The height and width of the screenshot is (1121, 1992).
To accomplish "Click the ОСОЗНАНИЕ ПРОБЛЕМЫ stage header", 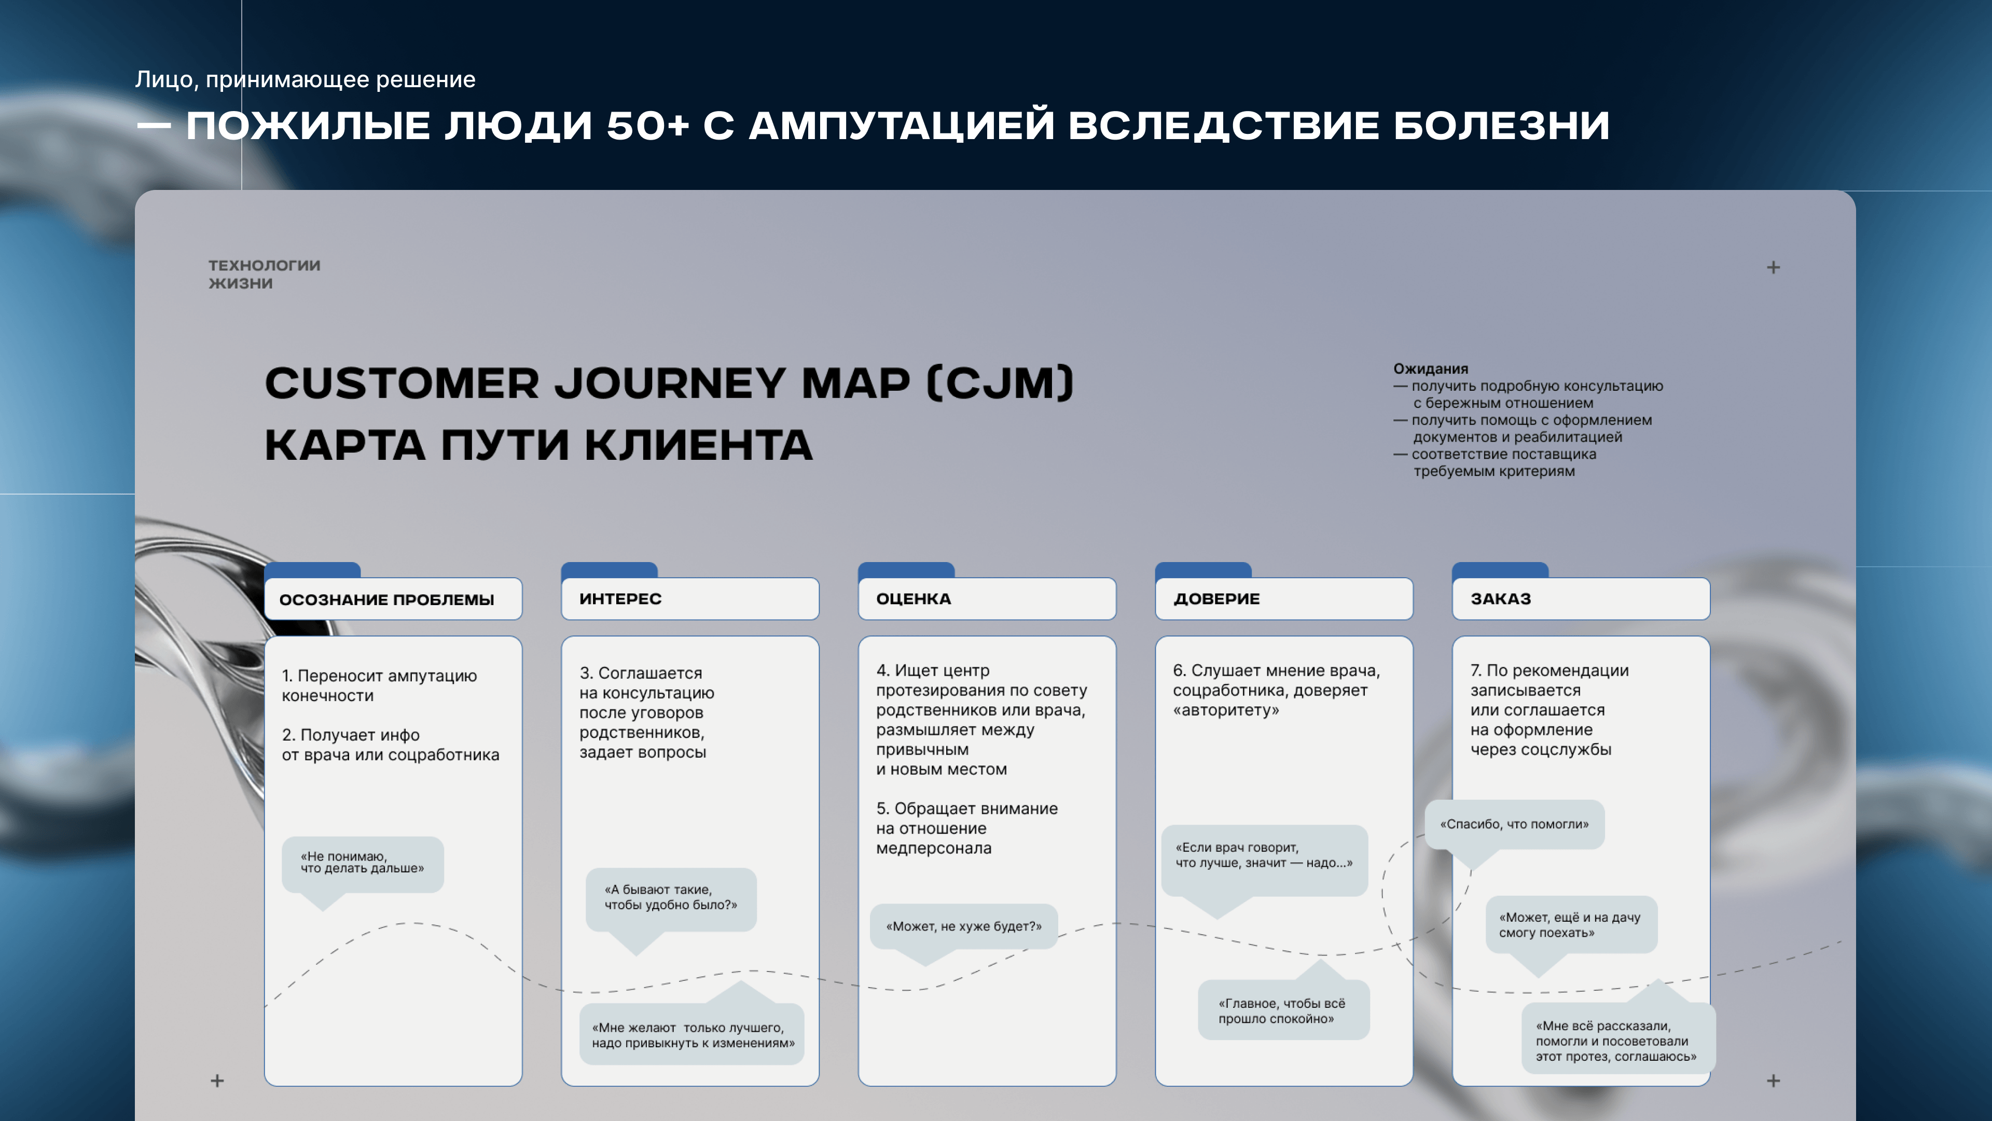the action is [393, 599].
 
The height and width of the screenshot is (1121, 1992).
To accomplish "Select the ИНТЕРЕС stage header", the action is [690, 599].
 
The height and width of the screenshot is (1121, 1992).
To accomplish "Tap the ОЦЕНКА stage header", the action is [987, 599].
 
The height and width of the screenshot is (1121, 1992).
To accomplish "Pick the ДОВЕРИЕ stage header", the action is [1284, 599].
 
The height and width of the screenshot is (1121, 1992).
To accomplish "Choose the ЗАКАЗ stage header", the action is [1581, 599].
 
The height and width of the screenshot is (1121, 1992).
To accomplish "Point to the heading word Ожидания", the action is [1431, 369].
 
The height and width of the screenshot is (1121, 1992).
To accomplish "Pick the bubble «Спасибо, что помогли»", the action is [1514, 825].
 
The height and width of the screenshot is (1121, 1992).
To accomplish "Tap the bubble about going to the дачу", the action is [1571, 925].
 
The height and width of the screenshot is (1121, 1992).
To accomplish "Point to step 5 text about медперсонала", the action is [966, 828].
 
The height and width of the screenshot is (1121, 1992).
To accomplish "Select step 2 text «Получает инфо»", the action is [391, 744].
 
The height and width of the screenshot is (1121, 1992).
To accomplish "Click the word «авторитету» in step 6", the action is [1226, 710].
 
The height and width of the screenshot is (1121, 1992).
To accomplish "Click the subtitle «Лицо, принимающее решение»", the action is [306, 80].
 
